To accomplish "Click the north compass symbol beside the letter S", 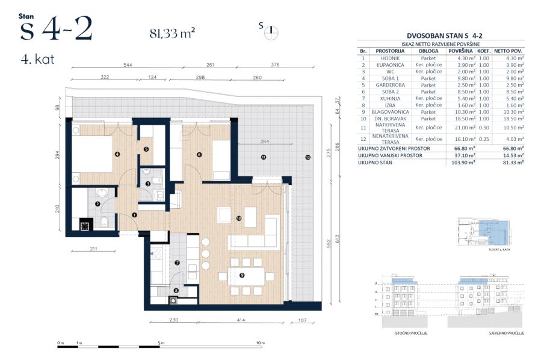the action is tap(271, 31).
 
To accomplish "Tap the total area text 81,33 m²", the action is tap(172, 33).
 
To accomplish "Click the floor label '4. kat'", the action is tap(37, 60).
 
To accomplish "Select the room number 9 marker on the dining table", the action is tap(242, 275).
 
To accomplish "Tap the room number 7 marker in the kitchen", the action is tap(177, 263).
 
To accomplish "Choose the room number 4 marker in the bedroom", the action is tap(117, 154).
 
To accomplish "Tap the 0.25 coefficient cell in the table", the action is tap(484, 140).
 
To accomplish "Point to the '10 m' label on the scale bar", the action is tap(260, 343).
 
